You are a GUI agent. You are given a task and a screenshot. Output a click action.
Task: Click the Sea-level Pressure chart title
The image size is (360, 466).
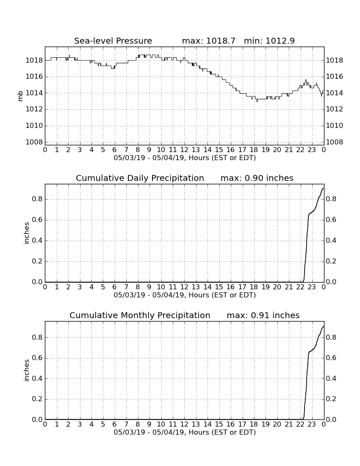click(113, 41)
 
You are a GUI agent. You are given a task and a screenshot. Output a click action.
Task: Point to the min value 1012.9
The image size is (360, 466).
click(280, 41)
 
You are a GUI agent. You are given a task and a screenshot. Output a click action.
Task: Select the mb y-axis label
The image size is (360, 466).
click(20, 96)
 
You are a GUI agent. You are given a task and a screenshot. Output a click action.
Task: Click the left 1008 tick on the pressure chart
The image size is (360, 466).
click(34, 142)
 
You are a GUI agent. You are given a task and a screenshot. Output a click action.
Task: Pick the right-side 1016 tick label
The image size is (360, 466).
click(335, 77)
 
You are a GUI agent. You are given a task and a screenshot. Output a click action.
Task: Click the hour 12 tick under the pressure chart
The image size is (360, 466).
click(184, 150)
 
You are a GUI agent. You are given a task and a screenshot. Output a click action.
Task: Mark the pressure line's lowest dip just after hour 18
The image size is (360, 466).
click(257, 101)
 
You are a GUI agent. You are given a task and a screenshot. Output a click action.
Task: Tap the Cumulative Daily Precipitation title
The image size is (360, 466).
click(140, 178)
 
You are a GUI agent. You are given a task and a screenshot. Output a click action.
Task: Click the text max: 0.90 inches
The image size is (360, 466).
click(257, 178)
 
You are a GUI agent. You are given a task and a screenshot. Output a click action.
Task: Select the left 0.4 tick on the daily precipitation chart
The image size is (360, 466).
click(37, 241)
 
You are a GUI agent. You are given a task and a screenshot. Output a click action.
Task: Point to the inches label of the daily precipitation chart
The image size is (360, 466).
click(26, 233)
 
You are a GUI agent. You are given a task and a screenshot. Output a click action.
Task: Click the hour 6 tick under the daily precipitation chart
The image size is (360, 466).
click(114, 287)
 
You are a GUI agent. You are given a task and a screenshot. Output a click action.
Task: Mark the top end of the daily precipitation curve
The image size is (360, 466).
click(323, 189)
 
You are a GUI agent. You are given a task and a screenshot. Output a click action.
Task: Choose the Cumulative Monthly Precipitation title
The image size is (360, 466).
click(140, 315)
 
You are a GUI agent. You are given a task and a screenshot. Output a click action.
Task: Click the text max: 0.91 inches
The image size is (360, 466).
click(263, 315)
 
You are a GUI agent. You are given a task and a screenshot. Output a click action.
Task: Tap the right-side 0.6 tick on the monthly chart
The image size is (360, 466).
click(331, 358)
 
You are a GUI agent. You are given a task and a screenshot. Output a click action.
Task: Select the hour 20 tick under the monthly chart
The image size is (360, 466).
click(277, 424)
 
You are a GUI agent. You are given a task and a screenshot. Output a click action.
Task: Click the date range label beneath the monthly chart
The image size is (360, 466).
click(185, 432)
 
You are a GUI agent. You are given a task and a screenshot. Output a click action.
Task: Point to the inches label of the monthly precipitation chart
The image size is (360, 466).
click(26, 371)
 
